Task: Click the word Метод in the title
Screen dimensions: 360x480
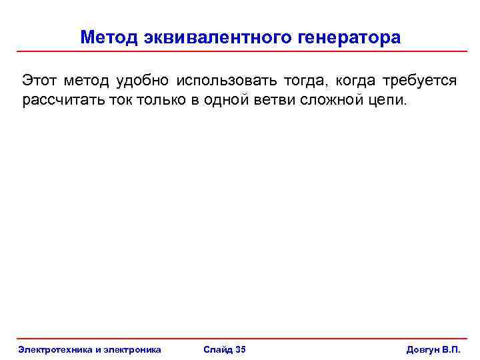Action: pyautogui.click(x=109, y=37)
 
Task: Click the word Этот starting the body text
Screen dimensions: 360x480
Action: pyautogui.click(x=40, y=81)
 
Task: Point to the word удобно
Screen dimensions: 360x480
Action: pyautogui.click(x=142, y=81)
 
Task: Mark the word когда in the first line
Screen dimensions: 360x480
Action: pyautogui.click(x=355, y=81)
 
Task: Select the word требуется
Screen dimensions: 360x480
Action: pyautogui.click(x=419, y=81)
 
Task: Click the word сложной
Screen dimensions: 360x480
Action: pyautogui.click(x=335, y=100)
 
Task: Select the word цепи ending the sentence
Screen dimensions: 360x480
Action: pyautogui.click(x=385, y=101)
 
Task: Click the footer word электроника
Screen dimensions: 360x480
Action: pyautogui.click(x=130, y=349)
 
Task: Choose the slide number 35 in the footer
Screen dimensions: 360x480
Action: pyautogui.click(x=241, y=349)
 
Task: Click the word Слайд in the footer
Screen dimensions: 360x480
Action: pyautogui.click(x=217, y=349)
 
